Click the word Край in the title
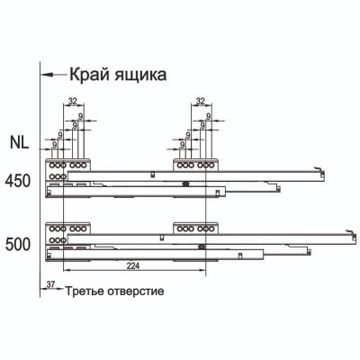click(89, 75)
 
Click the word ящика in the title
click(140, 76)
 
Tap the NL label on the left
click(20, 142)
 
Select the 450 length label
click(18, 181)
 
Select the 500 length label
click(18, 245)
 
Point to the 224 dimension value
click(133, 265)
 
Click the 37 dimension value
click(51, 284)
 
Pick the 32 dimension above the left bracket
click(73, 101)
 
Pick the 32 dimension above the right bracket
click(200, 101)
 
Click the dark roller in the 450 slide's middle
click(186, 184)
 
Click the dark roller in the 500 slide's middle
click(202, 247)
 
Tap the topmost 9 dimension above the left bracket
click(80, 116)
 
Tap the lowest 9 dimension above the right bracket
click(182, 145)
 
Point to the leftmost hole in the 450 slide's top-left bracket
click(52, 165)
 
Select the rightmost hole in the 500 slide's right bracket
click(211, 229)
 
